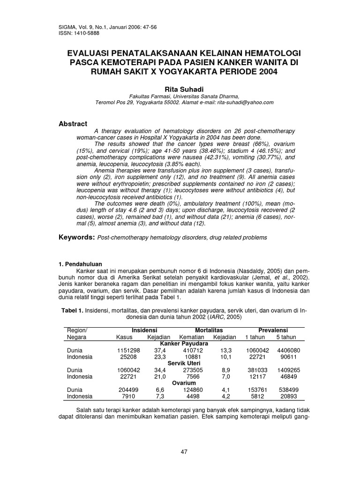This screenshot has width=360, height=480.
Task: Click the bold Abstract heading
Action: click(x=73, y=124)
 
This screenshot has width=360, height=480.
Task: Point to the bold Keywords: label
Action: click(x=76, y=238)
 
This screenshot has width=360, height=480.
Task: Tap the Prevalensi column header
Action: click(x=274, y=330)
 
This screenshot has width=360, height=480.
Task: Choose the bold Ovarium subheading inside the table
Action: click(x=183, y=382)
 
